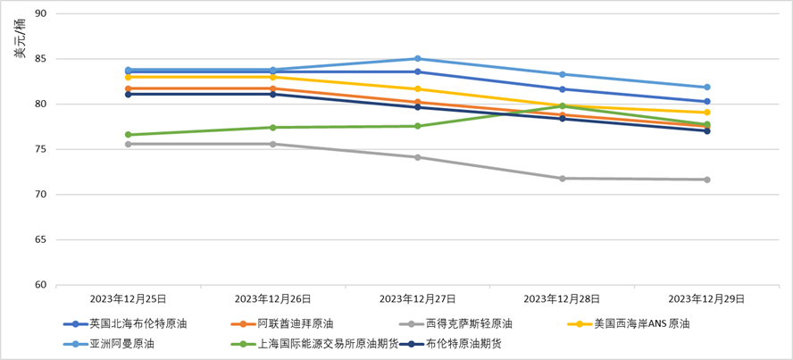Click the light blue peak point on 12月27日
(418, 59)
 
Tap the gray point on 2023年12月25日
(129, 144)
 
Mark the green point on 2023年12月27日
(418, 126)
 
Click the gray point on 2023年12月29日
(706, 180)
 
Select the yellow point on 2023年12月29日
(706, 113)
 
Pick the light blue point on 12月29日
(706, 87)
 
